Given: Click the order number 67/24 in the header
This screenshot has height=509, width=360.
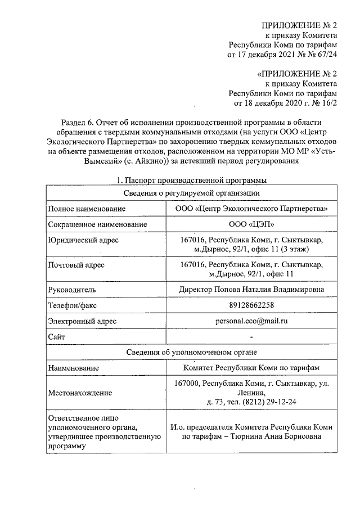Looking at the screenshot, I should (325, 55).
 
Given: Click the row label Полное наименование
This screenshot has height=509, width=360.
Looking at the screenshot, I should (86, 209).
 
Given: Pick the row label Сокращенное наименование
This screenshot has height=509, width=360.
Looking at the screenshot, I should (97, 224).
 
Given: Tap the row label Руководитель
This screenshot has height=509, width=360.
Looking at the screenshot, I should (72, 289).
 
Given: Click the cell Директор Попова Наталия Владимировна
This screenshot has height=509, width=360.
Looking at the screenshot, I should (251, 289).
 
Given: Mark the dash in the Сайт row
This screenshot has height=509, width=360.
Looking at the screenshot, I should (251, 336).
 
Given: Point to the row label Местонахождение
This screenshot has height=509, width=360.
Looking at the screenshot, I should (80, 393).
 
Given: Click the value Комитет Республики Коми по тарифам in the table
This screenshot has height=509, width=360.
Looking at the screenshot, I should (251, 367).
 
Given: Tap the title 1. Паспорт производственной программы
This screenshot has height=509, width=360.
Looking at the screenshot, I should (191, 180).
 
